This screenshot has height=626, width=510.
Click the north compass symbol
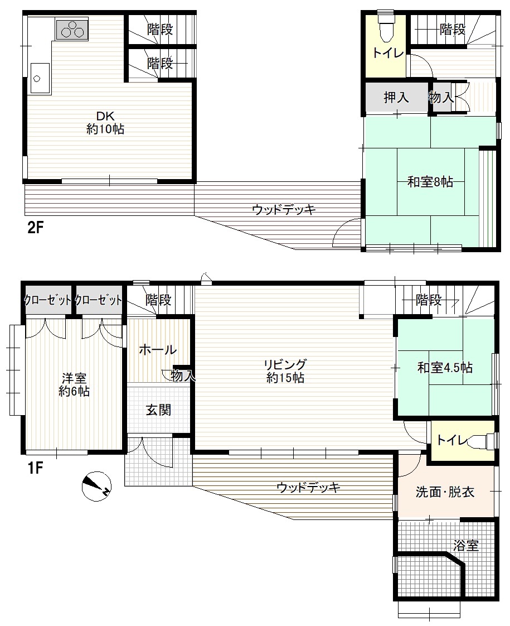click(x=96, y=486)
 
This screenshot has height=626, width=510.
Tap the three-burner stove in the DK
click(x=72, y=30)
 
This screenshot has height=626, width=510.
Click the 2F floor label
click(x=35, y=228)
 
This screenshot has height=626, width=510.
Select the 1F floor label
click(x=35, y=468)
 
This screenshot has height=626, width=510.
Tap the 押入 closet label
click(x=396, y=97)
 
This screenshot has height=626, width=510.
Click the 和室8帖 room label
click(x=430, y=182)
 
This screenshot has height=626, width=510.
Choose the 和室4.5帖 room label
click(x=445, y=367)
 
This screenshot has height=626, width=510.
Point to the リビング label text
click(x=285, y=364)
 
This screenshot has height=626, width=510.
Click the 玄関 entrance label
click(x=158, y=410)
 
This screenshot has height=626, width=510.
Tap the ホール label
click(x=158, y=350)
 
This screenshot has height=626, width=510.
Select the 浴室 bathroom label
click(x=466, y=546)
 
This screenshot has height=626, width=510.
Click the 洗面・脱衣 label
click(x=445, y=492)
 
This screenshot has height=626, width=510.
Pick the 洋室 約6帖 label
click(x=74, y=384)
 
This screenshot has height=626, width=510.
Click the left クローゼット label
click(x=48, y=300)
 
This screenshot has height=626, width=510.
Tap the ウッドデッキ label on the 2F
click(x=284, y=209)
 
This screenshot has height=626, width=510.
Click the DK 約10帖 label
click(x=105, y=123)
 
